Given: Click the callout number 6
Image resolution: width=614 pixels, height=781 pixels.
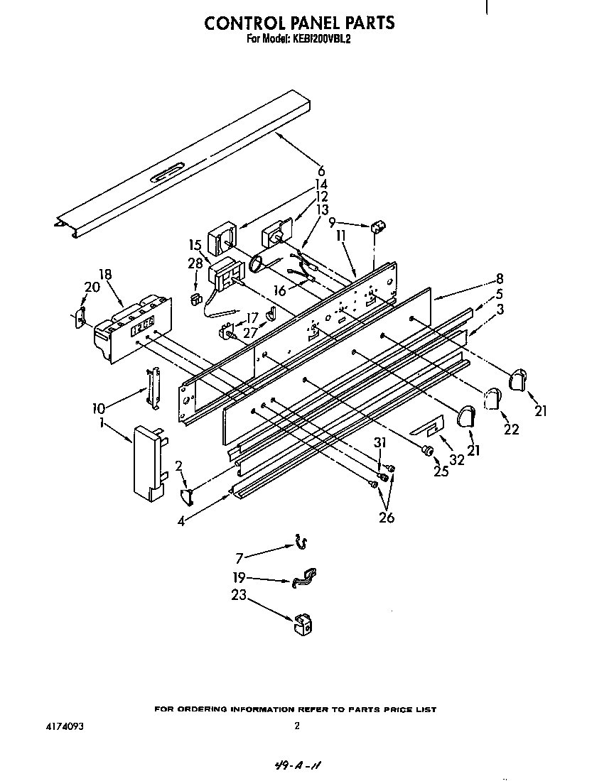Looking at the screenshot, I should (x=321, y=170).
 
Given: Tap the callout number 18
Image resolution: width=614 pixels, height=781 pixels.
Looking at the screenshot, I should (x=105, y=275).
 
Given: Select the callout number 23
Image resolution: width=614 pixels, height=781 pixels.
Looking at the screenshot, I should (x=239, y=596).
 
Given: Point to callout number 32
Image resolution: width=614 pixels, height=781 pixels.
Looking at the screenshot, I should (x=457, y=460).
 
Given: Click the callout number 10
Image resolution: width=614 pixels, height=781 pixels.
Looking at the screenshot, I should (x=99, y=408).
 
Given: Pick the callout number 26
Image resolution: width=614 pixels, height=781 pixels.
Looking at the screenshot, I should (x=387, y=518).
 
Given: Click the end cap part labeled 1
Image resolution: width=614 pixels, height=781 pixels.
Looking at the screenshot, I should (x=148, y=462).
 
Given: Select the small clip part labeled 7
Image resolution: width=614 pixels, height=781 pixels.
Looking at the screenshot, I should (x=301, y=544).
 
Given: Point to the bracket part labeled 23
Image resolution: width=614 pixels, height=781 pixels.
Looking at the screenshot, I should (x=302, y=624).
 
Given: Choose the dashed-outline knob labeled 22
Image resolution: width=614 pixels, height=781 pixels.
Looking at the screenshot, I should (x=490, y=400).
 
